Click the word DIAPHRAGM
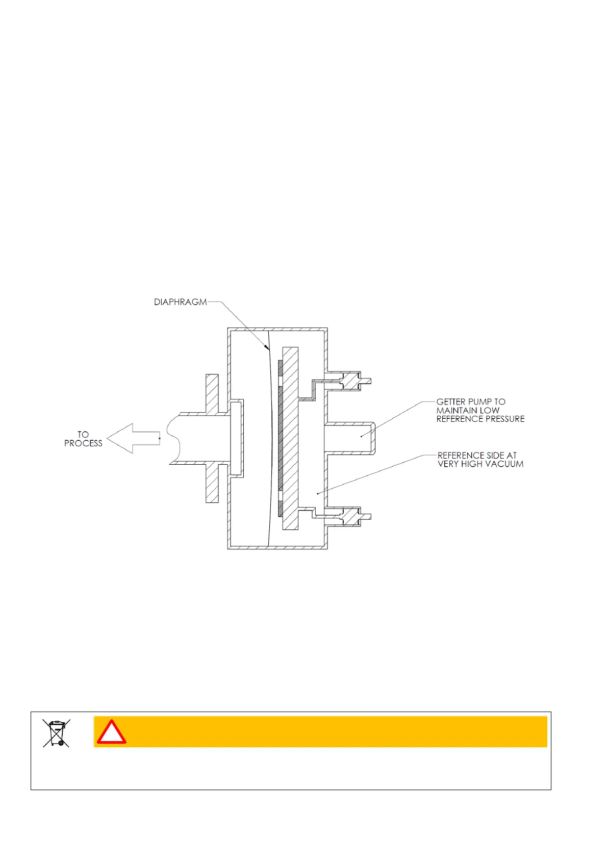point(181,302)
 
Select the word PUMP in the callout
point(479,402)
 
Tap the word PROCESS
point(83,444)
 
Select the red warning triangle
point(112,733)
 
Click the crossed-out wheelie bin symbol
point(57,733)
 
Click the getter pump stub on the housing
point(350,438)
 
